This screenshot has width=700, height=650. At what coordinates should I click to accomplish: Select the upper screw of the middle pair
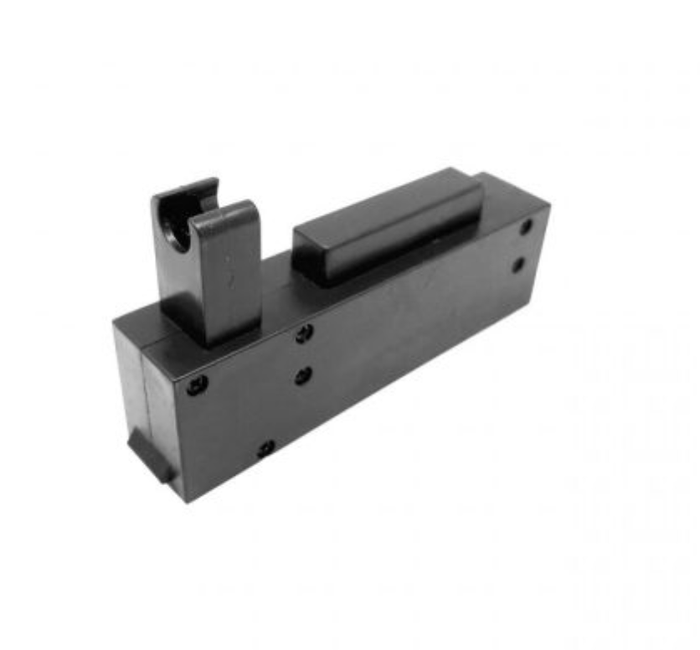click(304, 333)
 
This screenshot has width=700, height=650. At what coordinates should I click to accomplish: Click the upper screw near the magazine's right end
click(526, 226)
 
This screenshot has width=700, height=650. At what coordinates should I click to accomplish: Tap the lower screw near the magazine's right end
click(518, 266)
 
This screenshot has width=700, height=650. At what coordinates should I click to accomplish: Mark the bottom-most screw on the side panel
click(265, 449)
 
